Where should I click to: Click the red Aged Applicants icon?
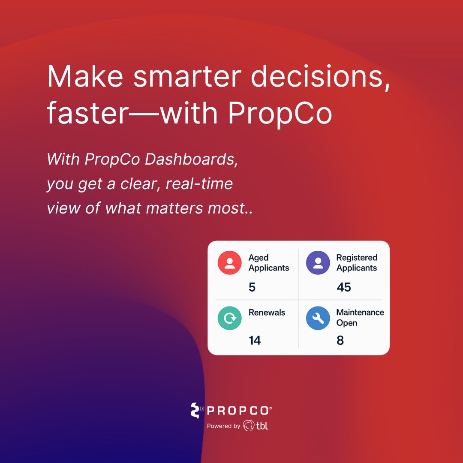point(230,262)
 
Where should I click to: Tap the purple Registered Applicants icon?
point(318,262)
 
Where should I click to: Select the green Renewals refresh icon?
point(230,318)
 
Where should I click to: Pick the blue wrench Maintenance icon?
point(318,318)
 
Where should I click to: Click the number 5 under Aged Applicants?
point(252,287)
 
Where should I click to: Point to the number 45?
point(344,287)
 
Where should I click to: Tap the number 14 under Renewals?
point(255,340)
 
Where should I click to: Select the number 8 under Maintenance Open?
point(340,340)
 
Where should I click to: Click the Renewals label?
point(267,313)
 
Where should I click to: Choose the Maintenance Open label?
point(360,318)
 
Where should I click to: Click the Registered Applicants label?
point(357,263)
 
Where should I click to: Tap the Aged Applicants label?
point(269,263)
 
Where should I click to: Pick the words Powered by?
point(223,426)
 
